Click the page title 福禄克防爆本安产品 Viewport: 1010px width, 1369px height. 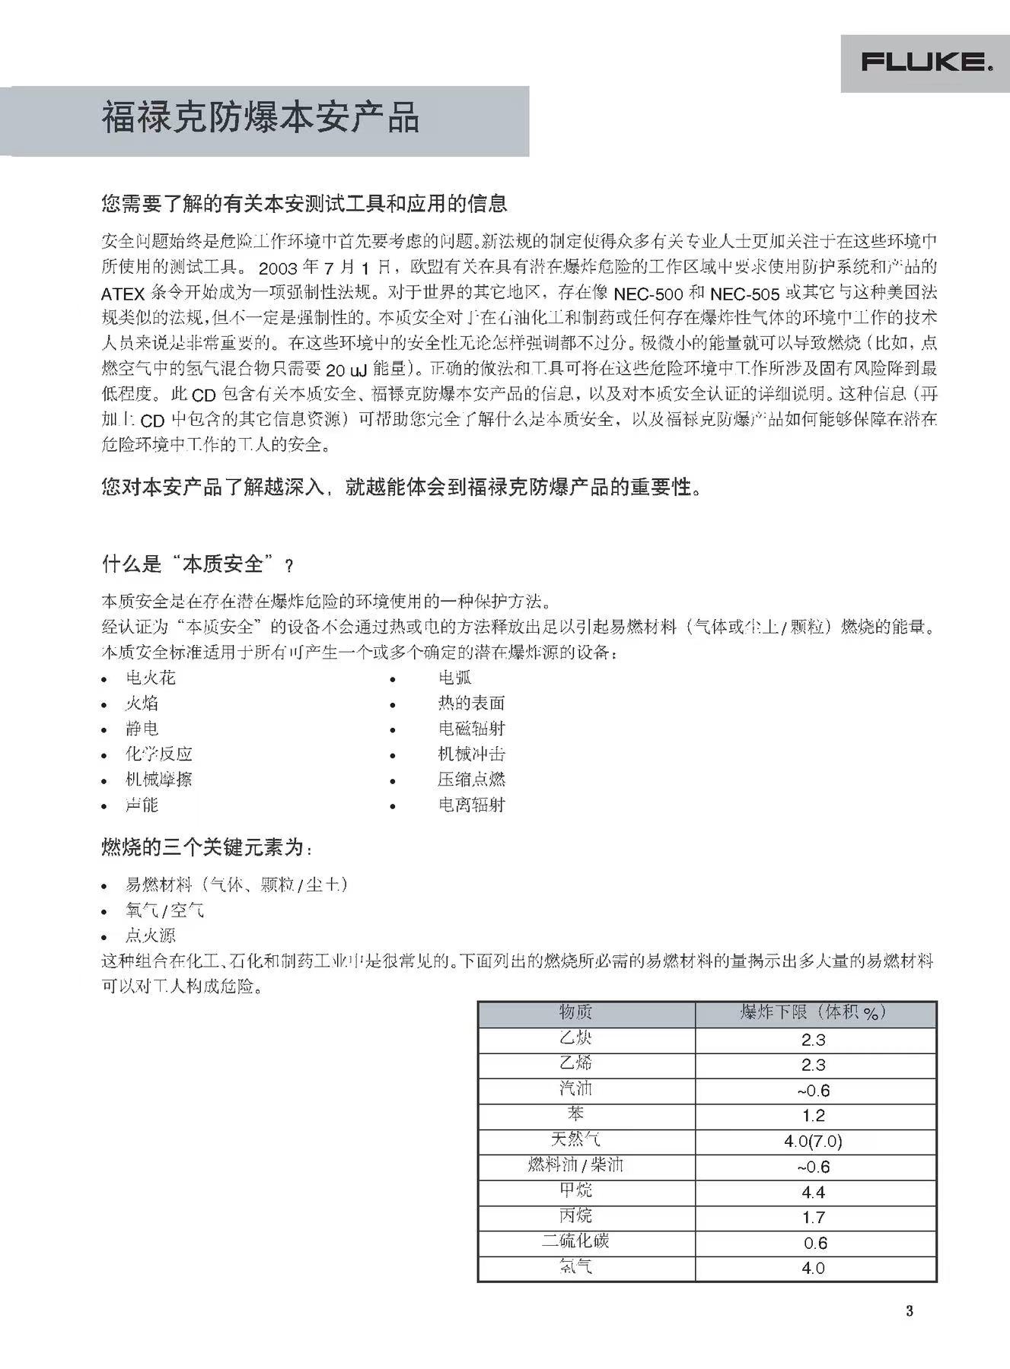click(260, 119)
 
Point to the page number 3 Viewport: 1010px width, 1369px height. click(909, 1310)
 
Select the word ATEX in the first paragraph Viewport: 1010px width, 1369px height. click(123, 294)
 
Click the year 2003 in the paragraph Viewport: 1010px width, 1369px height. click(278, 268)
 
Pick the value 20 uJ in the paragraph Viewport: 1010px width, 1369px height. click(346, 370)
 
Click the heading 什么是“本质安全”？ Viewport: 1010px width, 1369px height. click(197, 564)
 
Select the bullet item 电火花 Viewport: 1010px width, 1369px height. click(150, 678)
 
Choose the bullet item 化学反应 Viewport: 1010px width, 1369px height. click(158, 754)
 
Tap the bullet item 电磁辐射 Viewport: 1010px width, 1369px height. click(471, 729)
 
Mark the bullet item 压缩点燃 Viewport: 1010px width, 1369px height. click(471, 779)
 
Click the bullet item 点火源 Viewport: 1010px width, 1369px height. click(150, 935)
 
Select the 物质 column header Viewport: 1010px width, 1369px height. click(575, 1012)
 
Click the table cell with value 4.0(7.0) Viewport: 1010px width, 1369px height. click(813, 1141)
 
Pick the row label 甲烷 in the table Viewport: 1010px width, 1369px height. click(575, 1190)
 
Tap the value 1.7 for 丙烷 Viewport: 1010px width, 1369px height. click(813, 1217)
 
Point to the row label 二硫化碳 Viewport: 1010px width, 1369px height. click(575, 1241)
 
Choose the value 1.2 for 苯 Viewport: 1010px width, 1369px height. click(813, 1116)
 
